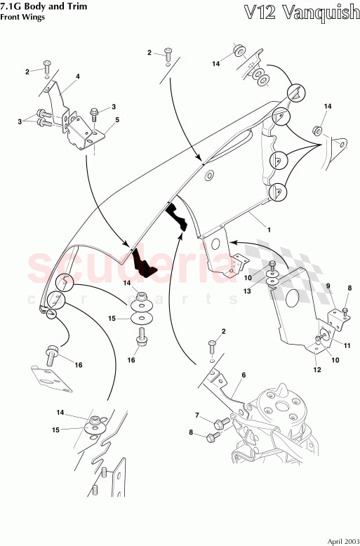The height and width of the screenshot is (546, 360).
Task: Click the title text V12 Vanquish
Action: point(302,13)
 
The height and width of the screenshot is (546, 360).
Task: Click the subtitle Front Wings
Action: point(22,17)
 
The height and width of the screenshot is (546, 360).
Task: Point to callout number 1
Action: point(269,229)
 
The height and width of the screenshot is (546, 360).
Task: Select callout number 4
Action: point(78,76)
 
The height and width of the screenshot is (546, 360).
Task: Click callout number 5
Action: point(117,120)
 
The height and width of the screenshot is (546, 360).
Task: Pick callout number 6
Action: point(244,375)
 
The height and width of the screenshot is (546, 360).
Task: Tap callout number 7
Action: point(197,415)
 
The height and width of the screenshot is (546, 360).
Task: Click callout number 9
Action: point(328,286)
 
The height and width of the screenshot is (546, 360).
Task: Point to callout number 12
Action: point(317,370)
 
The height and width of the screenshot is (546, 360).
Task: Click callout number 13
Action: point(247,291)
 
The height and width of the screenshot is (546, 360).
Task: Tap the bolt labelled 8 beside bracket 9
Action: point(345,311)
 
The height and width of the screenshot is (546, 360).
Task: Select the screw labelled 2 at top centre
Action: point(168,54)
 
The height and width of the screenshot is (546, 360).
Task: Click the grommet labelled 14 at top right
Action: point(316,131)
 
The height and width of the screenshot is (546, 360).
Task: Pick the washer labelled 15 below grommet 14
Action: point(142,318)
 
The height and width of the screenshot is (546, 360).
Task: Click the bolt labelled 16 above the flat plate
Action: point(51,354)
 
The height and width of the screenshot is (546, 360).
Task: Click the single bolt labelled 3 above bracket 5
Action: point(93,114)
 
